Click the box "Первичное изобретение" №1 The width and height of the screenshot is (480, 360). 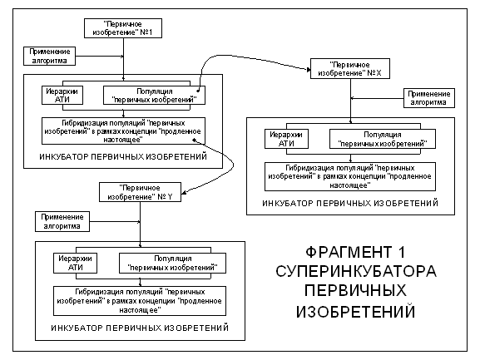tap(123, 28)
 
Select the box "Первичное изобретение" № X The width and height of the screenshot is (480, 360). tap(350, 69)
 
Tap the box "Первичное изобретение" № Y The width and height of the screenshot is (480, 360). tap(140, 192)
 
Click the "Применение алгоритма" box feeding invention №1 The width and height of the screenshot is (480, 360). tap(49, 56)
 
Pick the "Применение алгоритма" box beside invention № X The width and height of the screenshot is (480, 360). tap(429, 98)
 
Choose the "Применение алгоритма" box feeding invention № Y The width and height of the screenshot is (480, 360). tap(62, 221)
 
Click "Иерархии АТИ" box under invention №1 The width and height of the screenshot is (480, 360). tap(62, 96)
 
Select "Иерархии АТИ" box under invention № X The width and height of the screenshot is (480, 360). tap(286, 139)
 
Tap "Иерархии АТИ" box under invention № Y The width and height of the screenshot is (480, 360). tap(75, 263)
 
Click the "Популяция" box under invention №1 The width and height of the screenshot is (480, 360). tap(154, 96)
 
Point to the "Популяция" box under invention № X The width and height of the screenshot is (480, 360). tap(383, 139)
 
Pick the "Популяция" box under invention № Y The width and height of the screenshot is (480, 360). tap(172, 263)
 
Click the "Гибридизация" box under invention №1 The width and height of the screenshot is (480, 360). tap(123, 131)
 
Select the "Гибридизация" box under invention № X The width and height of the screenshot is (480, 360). tap(350, 176)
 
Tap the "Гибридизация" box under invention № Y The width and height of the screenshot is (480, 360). tap(140, 301)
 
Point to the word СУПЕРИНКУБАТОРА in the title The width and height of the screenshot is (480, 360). tap(356, 271)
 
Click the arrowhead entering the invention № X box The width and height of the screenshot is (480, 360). tap(309, 70)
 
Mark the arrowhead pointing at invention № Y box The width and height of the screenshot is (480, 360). tap(184, 192)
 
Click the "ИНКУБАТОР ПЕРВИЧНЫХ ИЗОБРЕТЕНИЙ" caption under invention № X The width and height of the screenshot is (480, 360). tap(350, 204)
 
